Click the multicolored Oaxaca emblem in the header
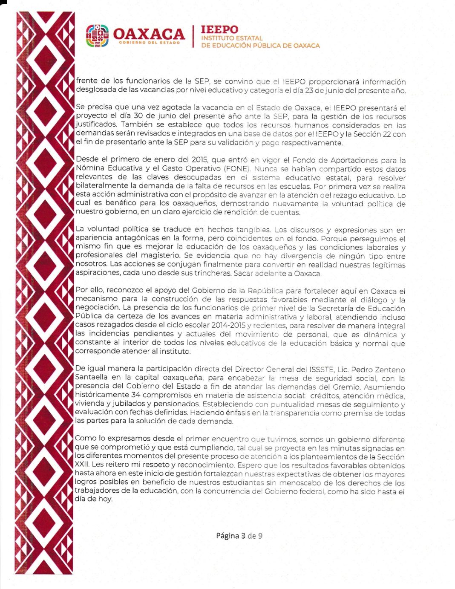(x=97, y=35)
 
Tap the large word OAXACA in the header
(x=149, y=34)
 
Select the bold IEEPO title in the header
(x=219, y=29)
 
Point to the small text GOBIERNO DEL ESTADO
(x=149, y=43)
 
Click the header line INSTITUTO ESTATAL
(x=232, y=38)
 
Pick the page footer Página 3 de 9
(x=239, y=536)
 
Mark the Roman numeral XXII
(x=81, y=465)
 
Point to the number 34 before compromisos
(x=136, y=395)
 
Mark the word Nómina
(x=88, y=169)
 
